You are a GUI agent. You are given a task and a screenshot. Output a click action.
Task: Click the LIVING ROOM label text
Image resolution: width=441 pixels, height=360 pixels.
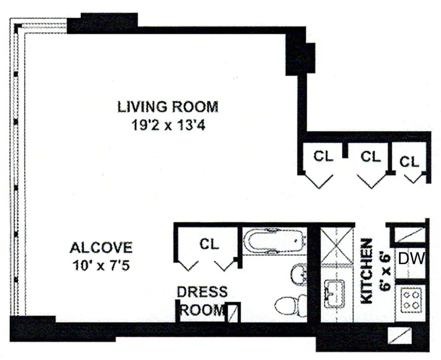tap(168, 107)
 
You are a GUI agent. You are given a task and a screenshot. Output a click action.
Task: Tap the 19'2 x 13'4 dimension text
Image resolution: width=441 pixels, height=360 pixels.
tap(168, 125)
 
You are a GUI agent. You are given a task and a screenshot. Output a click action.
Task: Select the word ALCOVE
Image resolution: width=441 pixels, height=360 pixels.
tap(101, 247)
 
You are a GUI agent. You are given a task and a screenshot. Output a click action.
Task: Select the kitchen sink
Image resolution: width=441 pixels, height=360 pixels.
tap(334, 293)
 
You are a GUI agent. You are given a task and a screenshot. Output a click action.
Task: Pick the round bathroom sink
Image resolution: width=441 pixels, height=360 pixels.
tap(299, 274)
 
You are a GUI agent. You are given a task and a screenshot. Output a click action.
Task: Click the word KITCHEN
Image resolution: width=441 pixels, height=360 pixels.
tap(367, 271)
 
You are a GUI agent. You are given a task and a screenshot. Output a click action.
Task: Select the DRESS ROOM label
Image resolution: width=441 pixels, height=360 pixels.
tap(201, 301)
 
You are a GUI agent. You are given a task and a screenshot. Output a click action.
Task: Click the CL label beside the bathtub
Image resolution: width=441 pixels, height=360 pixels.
tap(209, 244)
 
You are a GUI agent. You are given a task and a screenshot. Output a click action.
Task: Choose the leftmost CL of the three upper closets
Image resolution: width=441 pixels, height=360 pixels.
tap(323, 157)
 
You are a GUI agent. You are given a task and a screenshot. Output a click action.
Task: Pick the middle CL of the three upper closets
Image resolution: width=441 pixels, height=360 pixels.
tap(371, 157)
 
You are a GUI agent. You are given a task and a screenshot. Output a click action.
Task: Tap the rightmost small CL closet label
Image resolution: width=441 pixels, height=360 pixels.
tap(409, 162)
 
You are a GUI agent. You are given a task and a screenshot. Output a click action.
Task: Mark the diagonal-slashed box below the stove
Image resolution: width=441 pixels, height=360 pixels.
tap(400, 336)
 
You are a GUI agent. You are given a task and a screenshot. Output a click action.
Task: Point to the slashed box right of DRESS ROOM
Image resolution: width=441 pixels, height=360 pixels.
tap(232, 311)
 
